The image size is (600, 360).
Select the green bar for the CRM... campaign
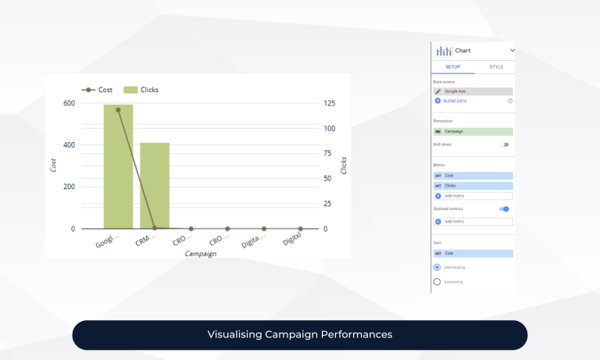(155, 186)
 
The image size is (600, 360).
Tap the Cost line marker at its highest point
(118, 110)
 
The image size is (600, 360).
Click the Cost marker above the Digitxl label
(300, 229)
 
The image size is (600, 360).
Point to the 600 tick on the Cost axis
(70, 104)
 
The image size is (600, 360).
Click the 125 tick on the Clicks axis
(330, 104)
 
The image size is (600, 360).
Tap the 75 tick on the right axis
(330, 154)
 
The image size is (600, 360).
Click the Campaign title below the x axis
(201, 254)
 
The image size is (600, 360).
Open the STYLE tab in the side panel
(496, 67)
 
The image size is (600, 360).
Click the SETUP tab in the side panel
(452, 67)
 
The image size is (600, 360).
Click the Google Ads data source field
(473, 91)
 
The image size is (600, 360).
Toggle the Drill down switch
(504, 144)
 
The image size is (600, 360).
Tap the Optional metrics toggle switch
(504, 209)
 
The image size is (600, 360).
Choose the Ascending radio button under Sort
(437, 281)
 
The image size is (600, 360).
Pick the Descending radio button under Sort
(437, 267)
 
